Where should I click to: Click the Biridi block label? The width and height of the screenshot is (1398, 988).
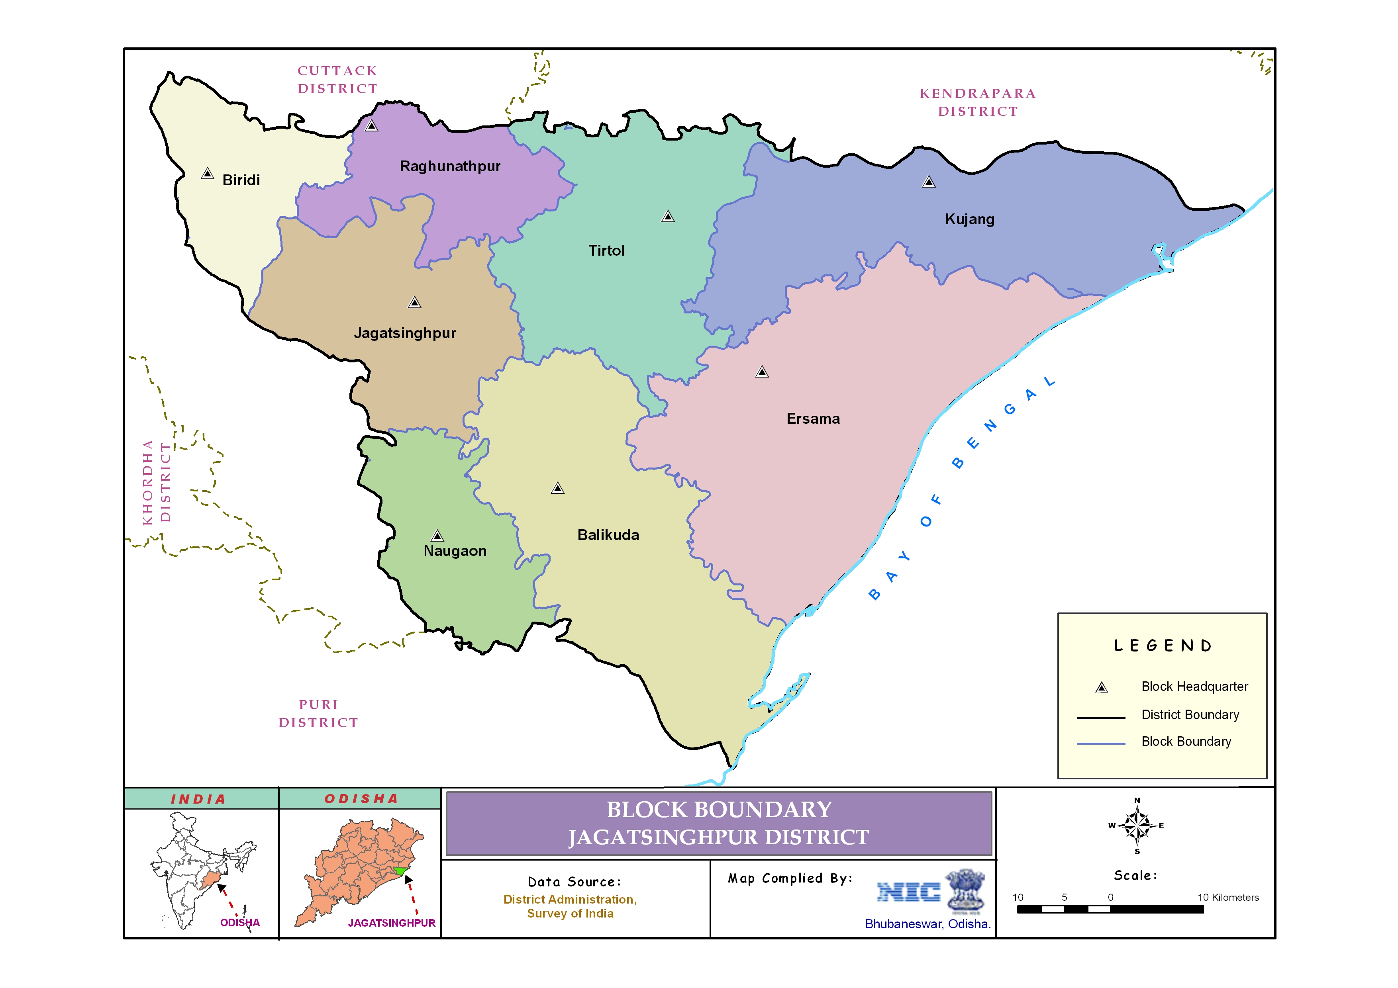coord(241,180)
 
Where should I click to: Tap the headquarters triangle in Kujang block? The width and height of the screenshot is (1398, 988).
coord(929,182)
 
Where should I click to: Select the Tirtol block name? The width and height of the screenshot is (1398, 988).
coord(606,251)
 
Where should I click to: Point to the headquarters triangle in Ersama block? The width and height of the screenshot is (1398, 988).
coord(762,372)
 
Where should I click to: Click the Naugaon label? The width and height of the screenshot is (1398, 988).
coord(455,551)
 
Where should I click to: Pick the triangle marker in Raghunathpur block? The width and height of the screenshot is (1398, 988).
coord(371,126)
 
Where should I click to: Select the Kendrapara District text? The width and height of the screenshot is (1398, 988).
coord(978,102)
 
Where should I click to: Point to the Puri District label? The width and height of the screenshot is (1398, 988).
coord(318,714)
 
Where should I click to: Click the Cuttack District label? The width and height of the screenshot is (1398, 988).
coord(337,80)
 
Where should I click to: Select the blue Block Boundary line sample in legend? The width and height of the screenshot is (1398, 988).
coord(1101,743)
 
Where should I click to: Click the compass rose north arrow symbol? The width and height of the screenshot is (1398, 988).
coord(1137,826)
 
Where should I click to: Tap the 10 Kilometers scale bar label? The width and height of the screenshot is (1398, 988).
coord(1228,897)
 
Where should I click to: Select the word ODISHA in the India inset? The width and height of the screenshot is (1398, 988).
coord(240,923)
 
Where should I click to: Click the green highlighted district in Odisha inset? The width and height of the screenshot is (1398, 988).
coord(400,871)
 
